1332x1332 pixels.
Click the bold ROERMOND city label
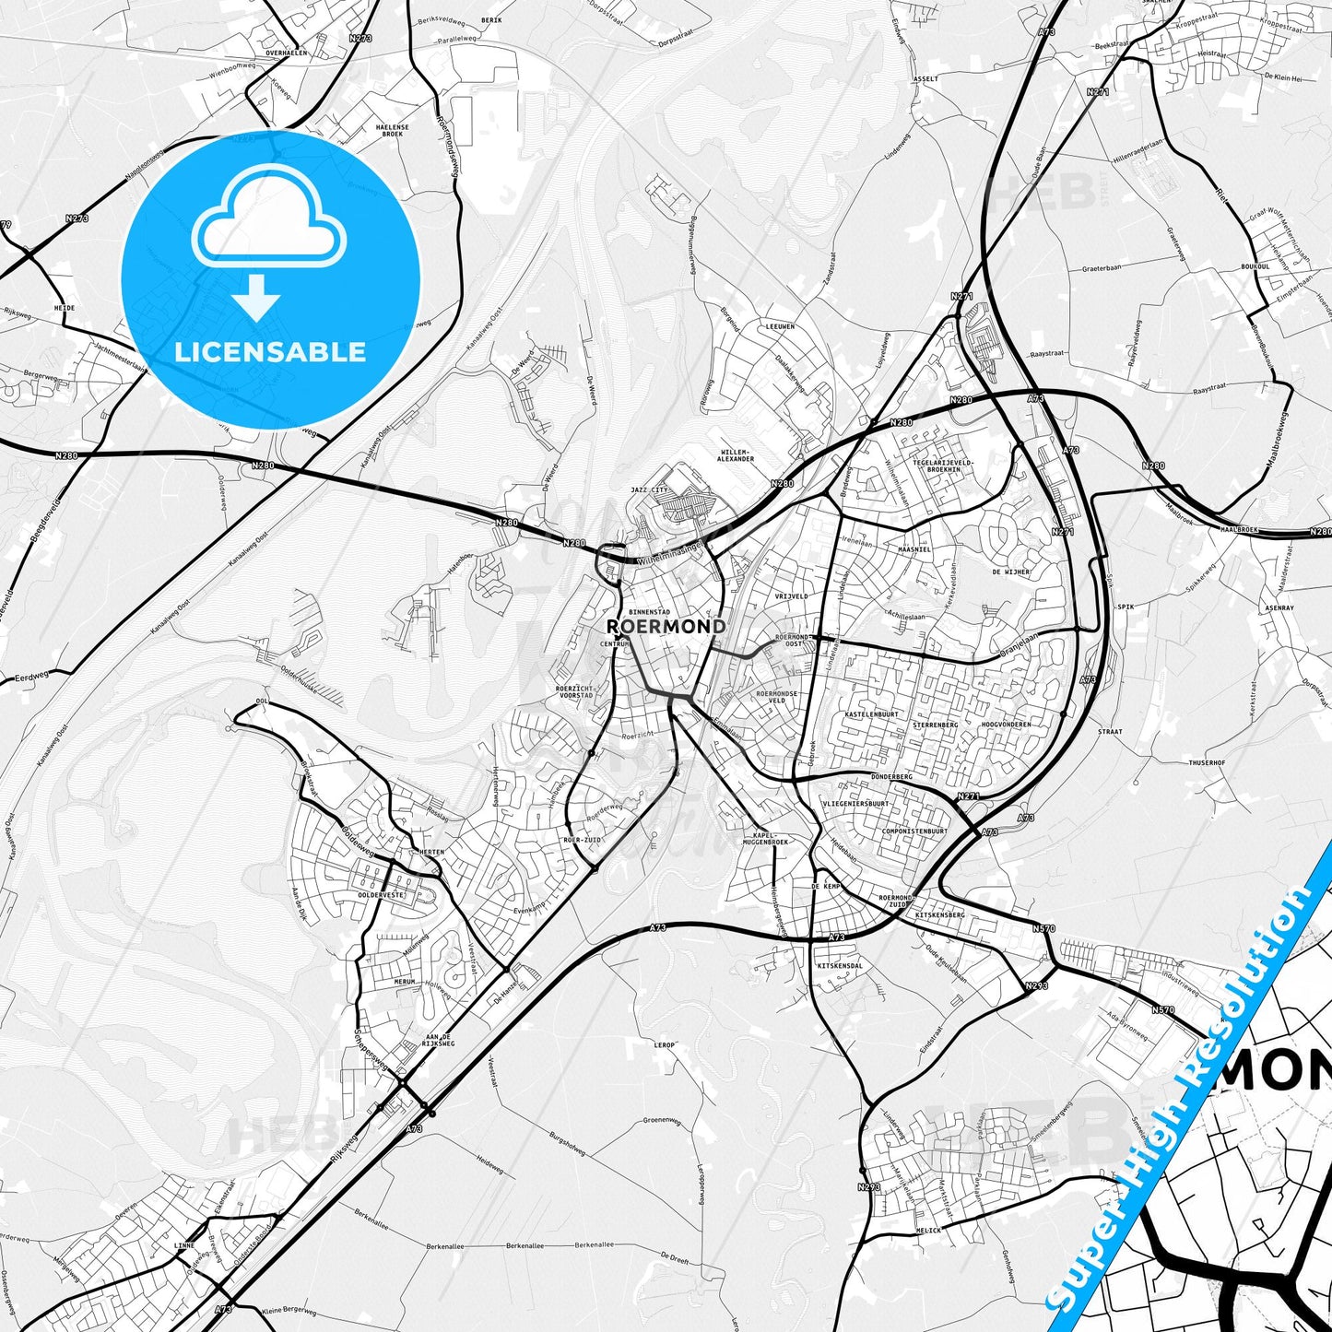point(666,627)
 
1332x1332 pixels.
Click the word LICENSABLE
point(270,352)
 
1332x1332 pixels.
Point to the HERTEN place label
point(430,853)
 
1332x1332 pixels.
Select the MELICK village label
point(928,1231)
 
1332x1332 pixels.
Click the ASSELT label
point(925,79)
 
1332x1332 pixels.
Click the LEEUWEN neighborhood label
point(779,327)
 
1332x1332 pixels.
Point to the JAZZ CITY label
point(649,490)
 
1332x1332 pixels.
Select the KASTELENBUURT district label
point(871,714)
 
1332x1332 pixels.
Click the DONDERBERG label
point(890,777)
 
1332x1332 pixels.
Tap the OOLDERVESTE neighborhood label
point(382,895)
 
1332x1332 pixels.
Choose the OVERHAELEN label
point(286,53)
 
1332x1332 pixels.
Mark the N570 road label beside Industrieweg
point(1162,1010)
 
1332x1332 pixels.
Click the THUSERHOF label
point(1207,763)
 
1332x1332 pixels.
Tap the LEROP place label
point(665,1045)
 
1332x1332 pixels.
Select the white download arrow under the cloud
point(256,297)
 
